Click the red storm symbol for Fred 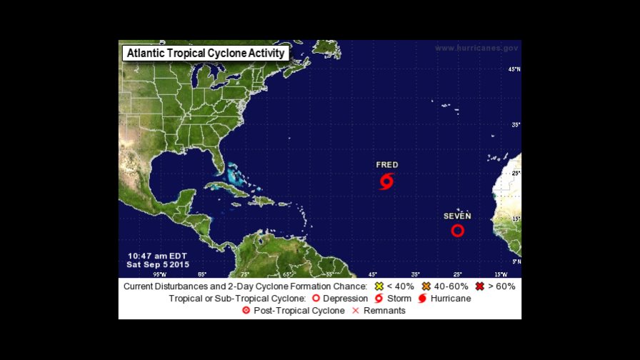(x=386, y=181)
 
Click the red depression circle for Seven (x=458, y=230)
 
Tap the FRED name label (x=387, y=165)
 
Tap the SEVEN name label (x=457, y=216)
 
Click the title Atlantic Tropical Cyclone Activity (x=205, y=53)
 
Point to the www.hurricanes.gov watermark (x=476, y=48)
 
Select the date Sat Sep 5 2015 (x=158, y=264)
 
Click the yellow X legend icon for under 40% (x=379, y=286)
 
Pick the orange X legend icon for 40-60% (x=426, y=286)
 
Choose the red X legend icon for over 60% (x=481, y=286)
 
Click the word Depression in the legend (x=345, y=298)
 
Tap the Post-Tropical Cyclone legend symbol (x=246, y=311)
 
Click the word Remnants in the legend (x=384, y=311)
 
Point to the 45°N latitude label (x=514, y=69)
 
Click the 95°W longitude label (x=159, y=274)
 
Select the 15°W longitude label (x=501, y=274)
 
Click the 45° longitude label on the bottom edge (x=373, y=274)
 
